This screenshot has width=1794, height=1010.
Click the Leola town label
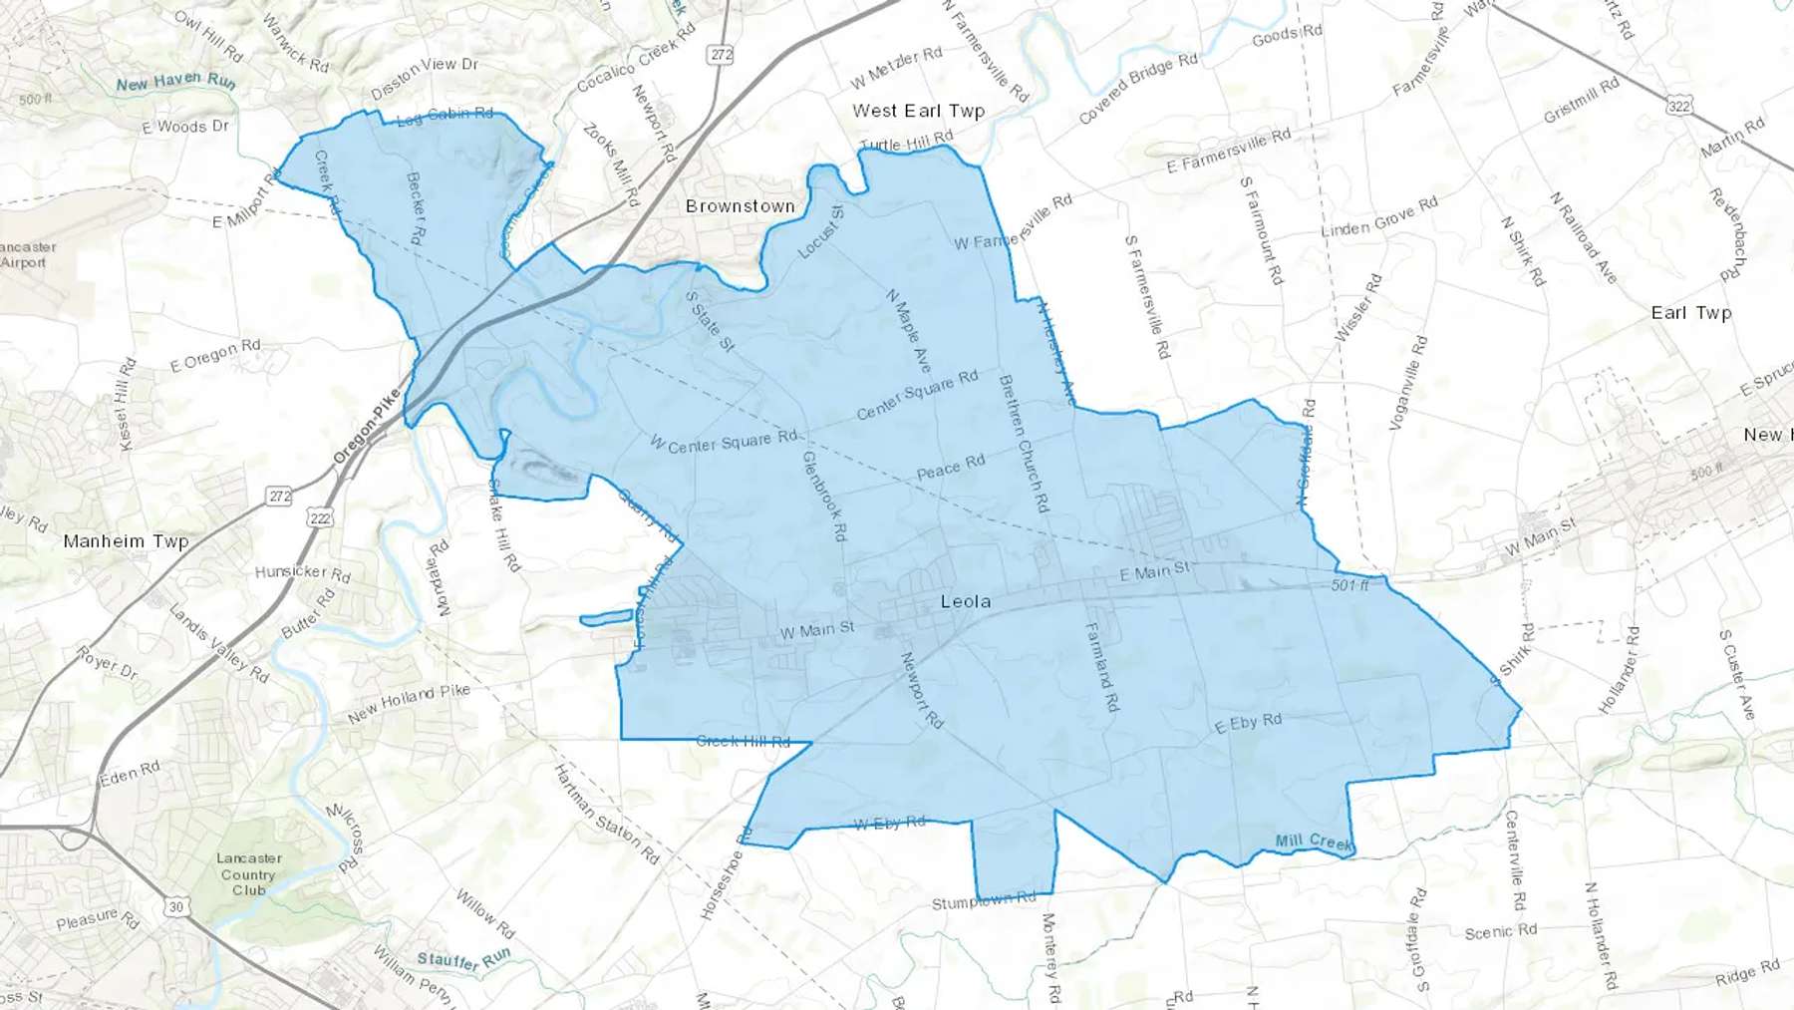pos(966,601)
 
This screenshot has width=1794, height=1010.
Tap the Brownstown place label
pos(740,206)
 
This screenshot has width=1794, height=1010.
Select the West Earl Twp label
pos(918,111)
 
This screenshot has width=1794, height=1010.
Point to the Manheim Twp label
pos(126,541)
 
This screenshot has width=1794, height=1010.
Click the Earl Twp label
pos(1691,312)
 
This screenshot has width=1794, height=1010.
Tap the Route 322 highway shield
pos(1679,106)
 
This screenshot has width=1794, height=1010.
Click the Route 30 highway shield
pos(176,906)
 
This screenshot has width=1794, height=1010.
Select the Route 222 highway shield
pos(320,517)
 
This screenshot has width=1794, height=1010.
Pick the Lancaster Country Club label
pos(248,874)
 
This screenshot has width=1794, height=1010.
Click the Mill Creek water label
pos(1314,842)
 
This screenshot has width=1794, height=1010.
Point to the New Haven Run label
pos(175,82)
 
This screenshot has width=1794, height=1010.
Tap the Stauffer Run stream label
pos(463,960)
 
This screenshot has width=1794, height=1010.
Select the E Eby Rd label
pos(1248,724)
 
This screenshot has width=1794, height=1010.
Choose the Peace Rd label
pos(951,467)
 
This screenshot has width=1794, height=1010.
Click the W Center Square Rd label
pos(724,442)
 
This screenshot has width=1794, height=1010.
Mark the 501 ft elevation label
pos(1349,585)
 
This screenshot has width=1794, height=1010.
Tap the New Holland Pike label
pos(409,703)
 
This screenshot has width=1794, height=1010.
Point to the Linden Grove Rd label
pos(1378,217)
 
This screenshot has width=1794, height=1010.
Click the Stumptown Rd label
pos(984,901)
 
